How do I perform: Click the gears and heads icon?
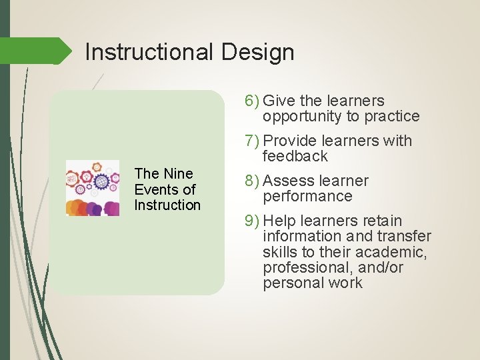point(93,189)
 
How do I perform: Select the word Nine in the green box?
point(177,173)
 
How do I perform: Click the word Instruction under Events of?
point(167,205)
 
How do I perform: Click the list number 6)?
point(252,101)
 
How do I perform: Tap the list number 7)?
point(252,141)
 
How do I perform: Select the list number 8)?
point(252,181)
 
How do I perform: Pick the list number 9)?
point(252,221)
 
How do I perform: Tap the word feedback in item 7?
point(295,157)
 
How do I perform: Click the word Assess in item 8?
point(288,181)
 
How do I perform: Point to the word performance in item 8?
point(307,197)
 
